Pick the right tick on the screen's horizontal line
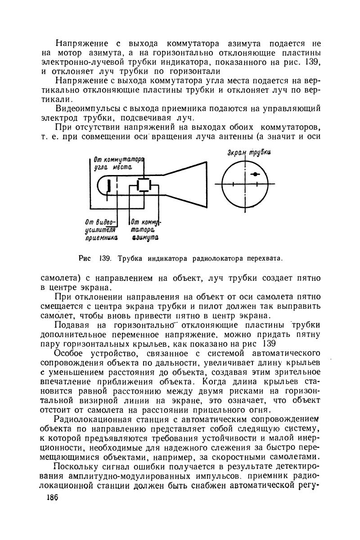pyautogui.click(x=256, y=184)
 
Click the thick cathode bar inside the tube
pyautogui.click(x=109, y=186)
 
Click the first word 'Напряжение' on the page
pyautogui.click(x=81, y=44)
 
